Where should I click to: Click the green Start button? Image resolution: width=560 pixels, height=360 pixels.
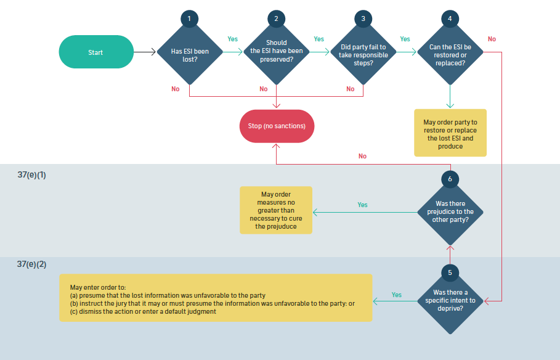95,52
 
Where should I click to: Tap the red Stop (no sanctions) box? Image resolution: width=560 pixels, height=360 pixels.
277,126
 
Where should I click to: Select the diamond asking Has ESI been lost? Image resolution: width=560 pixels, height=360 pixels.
189,55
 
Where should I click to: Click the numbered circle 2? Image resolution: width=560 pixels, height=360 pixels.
276,18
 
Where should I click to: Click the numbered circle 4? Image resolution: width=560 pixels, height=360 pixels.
450,18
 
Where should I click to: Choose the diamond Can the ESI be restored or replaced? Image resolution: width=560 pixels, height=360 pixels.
450,55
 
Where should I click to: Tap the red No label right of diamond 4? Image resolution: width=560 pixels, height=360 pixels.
492,39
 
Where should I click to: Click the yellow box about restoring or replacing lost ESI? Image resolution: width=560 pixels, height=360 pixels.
450,133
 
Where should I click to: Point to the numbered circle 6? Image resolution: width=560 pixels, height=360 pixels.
450,179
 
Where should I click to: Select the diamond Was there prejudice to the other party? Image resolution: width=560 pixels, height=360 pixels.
450,211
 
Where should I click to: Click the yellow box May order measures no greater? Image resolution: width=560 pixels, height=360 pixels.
276,210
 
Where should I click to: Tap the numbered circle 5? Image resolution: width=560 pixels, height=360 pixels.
450,272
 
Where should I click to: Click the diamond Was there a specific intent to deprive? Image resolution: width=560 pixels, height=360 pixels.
450,301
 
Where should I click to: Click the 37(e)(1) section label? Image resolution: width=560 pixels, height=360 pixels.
31,175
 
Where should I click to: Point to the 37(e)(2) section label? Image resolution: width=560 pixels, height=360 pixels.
31,264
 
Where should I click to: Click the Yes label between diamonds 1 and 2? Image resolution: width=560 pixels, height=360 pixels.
232,39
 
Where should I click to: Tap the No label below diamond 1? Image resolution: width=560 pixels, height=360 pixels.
176,89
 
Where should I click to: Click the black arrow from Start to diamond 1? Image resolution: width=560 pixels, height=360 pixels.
144,52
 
